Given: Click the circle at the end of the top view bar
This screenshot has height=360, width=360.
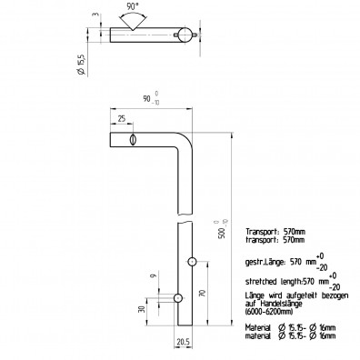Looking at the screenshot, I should (x=185, y=35).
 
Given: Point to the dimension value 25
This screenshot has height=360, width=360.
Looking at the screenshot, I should (x=122, y=118).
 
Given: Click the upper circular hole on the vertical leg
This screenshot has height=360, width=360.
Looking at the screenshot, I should (x=192, y=262).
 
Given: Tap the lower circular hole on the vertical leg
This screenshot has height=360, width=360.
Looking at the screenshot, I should (x=178, y=297).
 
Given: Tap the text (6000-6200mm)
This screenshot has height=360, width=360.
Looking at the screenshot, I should (x=271, y=313).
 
